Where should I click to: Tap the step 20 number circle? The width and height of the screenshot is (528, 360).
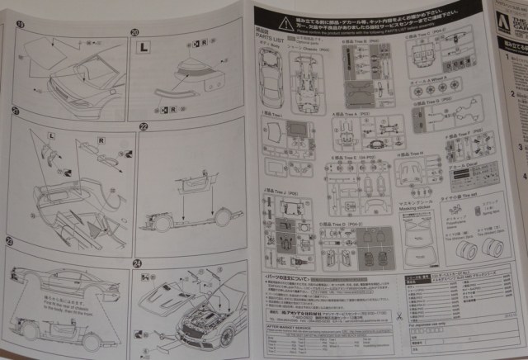[x=135, y=33]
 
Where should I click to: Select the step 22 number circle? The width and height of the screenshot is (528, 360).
[x=143, y=127]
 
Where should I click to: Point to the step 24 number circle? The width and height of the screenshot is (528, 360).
[x=136, y=263]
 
